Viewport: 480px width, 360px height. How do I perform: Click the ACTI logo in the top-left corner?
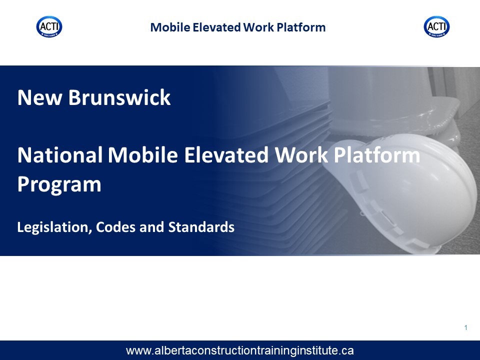click(x=49, y=26)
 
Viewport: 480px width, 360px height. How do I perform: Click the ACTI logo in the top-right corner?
click(x=437, y=26)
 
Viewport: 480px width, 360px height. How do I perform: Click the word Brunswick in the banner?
click(x=119, y=97)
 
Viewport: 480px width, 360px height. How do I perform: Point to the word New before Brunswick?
click(x=39, y=97)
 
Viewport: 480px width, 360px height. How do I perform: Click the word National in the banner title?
click(x=60, y=155)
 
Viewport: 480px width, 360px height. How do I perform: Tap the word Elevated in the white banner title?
click(x=226, y=155)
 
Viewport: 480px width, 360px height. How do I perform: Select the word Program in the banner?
click(x=59, y=185)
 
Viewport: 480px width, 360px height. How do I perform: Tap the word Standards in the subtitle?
click(x=201, y=227)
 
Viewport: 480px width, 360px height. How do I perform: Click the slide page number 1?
click(x=465, y=328)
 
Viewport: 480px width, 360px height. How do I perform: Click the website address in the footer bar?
click(x=239, y=350)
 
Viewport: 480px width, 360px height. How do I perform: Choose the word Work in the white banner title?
click(x=301, y=155)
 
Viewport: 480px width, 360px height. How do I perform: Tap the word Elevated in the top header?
click(x=217, y=27)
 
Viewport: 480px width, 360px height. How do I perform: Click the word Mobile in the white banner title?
click(x=143, y=155)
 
